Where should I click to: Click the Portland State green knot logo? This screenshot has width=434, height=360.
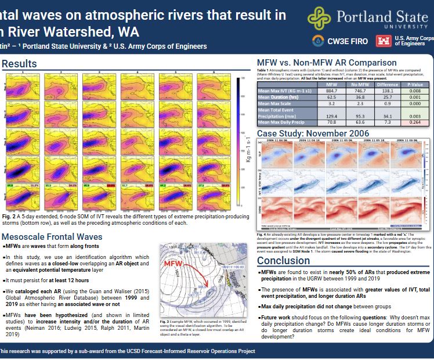tap(320, 19)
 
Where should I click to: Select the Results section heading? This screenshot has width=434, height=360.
tap(20, 63)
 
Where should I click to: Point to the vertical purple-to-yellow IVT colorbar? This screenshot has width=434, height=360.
tap(238, 143)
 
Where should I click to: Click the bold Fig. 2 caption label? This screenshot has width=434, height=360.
tap(9, 215)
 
